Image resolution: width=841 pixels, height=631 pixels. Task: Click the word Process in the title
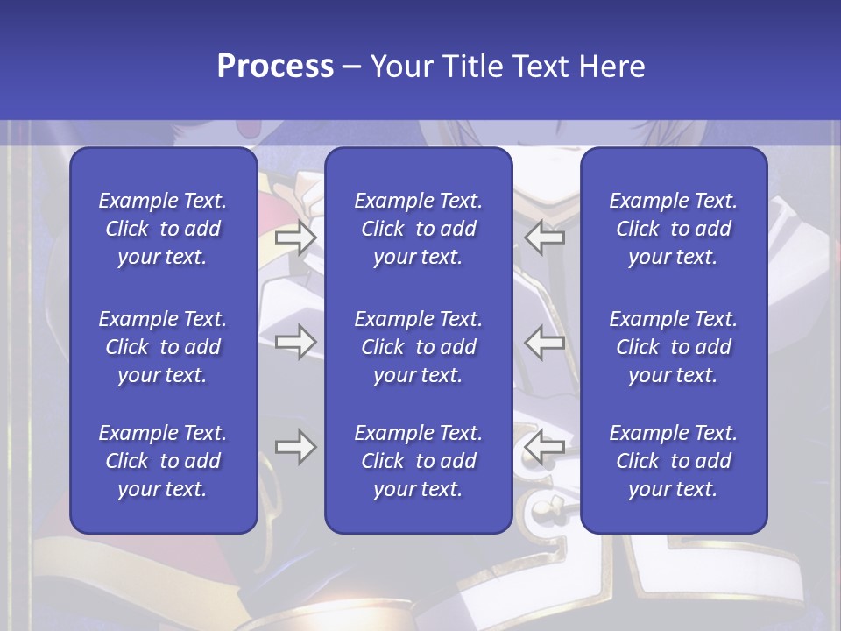275,67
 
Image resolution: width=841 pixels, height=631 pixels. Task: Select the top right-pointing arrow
295,238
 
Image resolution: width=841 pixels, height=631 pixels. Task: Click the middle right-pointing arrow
295,342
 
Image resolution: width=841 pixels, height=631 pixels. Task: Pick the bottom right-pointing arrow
295,447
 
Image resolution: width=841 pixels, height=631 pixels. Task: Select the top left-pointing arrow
544,238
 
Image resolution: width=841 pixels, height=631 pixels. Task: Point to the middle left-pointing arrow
544,342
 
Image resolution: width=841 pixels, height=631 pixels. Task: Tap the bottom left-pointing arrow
544,447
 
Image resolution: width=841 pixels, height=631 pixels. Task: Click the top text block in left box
163,229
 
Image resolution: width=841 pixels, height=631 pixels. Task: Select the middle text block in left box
163,347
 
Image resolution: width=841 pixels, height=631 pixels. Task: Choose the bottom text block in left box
163,461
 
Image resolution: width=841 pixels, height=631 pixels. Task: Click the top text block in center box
419,229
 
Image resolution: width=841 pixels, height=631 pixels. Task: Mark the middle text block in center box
419,347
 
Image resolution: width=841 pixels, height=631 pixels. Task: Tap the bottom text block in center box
419,461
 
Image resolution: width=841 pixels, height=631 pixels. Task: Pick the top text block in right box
674,229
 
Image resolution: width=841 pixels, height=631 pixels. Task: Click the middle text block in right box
674,347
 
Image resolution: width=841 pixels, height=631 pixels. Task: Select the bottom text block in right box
674,461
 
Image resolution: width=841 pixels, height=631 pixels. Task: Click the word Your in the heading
400,67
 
